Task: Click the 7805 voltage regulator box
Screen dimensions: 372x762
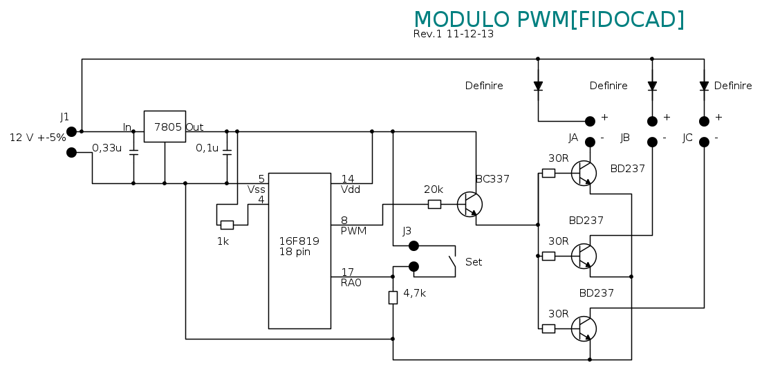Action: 165,127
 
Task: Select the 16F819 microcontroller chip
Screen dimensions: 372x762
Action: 299,250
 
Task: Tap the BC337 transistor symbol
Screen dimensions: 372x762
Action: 470,204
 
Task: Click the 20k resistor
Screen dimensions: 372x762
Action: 434,204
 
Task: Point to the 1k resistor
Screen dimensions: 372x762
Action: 227,225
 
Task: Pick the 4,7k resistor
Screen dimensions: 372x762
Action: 393,297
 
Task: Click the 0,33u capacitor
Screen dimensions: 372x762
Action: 133,153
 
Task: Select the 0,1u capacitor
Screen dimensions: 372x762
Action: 227,153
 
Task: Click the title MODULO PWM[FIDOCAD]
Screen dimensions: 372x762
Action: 549,19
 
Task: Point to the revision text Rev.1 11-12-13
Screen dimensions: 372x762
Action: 454,34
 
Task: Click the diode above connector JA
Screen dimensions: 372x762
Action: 538,86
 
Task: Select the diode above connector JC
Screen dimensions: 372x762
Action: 704,86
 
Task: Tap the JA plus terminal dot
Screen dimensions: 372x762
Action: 590,121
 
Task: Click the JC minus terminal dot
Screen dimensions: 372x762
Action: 704,142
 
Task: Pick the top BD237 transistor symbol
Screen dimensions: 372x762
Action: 584,173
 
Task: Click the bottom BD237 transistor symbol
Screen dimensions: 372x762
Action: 584,328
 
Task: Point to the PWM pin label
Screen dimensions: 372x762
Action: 353,231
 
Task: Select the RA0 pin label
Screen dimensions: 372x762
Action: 351,282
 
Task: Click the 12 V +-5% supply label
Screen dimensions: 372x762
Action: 37,137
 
